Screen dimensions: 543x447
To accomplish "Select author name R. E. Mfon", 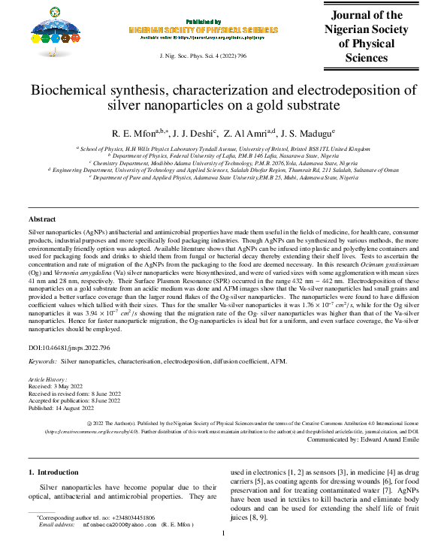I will pyautogui.click(x=136, y=134).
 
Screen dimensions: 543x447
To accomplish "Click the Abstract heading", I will pyautogui.click(x=42, y=219).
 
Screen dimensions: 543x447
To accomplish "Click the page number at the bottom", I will pyautogui.click(x=223, y=533).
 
